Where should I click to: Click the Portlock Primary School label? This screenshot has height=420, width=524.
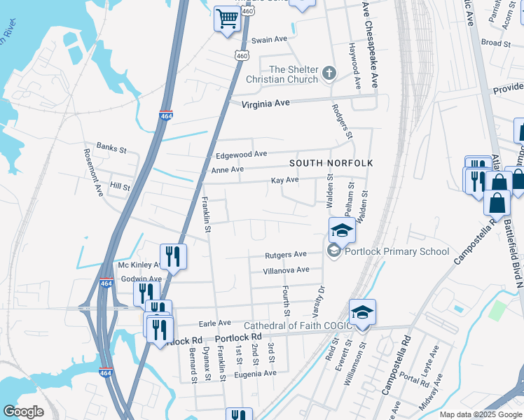tap(397, 252)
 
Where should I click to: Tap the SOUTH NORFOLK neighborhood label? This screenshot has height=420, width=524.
tap(331, 163)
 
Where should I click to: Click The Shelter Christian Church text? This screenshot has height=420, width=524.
tap(294, 74)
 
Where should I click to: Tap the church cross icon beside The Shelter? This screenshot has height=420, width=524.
tap(329, 73)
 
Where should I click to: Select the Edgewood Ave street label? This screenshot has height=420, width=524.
tap(242, 154)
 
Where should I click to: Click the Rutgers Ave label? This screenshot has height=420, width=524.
tap(286, 255)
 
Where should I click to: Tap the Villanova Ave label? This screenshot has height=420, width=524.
tap(286, 270)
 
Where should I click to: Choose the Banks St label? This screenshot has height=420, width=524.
tap(111, 148)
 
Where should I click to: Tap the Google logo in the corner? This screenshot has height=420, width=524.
tap(23, 412)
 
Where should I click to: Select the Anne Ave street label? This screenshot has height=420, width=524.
tap(228, 169)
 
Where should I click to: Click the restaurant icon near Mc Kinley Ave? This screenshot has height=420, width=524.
tap(172, 256)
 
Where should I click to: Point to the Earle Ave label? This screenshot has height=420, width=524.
tap(215, 323)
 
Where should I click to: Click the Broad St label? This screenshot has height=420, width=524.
tap(496, 43)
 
